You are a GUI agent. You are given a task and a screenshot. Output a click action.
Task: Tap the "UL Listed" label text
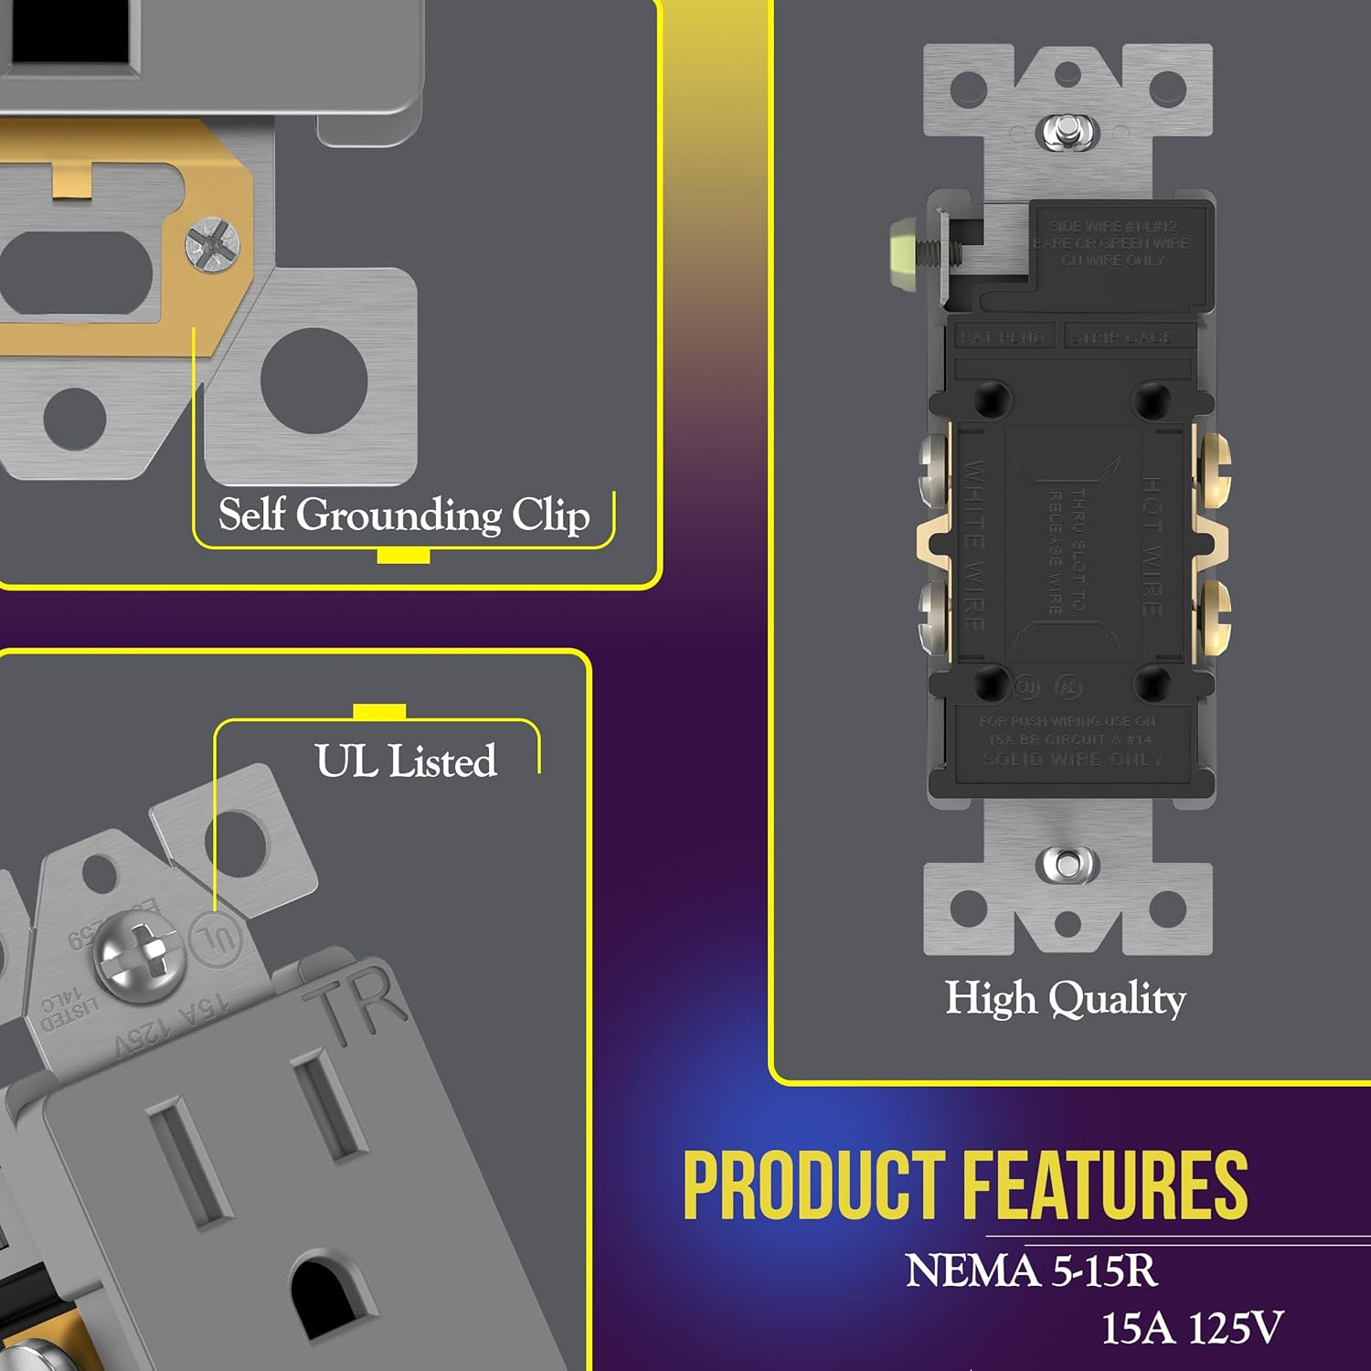tap(406, 760)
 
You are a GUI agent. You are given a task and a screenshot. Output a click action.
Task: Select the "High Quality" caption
tap(1065, 997)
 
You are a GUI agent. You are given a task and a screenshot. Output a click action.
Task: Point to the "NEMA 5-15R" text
tap(1031, 1270)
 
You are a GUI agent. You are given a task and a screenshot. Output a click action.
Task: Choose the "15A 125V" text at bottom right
tap(1192, 1328)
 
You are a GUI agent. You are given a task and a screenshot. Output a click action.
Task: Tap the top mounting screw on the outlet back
tap(1067, 131)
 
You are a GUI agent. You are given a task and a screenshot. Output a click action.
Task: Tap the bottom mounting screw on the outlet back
tap(1067, 864)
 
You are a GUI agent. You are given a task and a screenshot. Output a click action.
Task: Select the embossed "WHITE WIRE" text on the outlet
tap(974, 546)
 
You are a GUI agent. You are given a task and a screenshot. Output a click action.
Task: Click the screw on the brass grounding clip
tap(212, 243)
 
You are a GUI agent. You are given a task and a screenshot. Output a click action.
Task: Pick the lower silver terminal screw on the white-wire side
tap(932, 617)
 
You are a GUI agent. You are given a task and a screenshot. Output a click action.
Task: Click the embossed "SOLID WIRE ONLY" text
tap(1071, 760)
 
